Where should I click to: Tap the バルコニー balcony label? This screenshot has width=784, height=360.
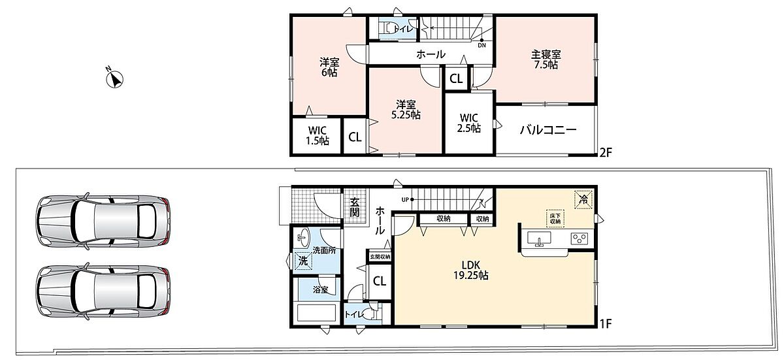click(x=548, y=130)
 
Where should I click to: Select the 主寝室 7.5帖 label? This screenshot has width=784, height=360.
click(x=546, y=59)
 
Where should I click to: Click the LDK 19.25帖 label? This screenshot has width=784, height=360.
click(x=471, y=270)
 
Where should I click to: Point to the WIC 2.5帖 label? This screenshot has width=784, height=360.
click(x=468, y=123)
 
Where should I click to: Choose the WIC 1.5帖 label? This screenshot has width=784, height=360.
click(x=318, y=136)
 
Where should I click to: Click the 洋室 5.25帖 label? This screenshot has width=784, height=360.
click(x=406, y=110)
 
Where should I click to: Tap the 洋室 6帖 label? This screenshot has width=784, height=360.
click(x=329, y=67)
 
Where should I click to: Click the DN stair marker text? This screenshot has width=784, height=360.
click(x=482, y=46)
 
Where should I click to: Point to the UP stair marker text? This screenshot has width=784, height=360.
click(x=405, y=200)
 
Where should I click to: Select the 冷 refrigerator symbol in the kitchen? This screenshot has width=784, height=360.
click(x=583, y=199)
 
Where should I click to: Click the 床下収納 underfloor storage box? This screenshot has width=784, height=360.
click(x=555, y=219)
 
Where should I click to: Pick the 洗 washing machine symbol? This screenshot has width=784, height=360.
click(x=303, y=261)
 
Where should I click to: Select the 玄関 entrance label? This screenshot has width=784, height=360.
click(x=355, y=207)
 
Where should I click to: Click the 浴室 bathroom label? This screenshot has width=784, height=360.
click(x=320, y=289)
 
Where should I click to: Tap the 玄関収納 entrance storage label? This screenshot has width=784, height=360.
click(x=380, y=257)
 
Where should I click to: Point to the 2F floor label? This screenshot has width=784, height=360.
click(x=606, y=152)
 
